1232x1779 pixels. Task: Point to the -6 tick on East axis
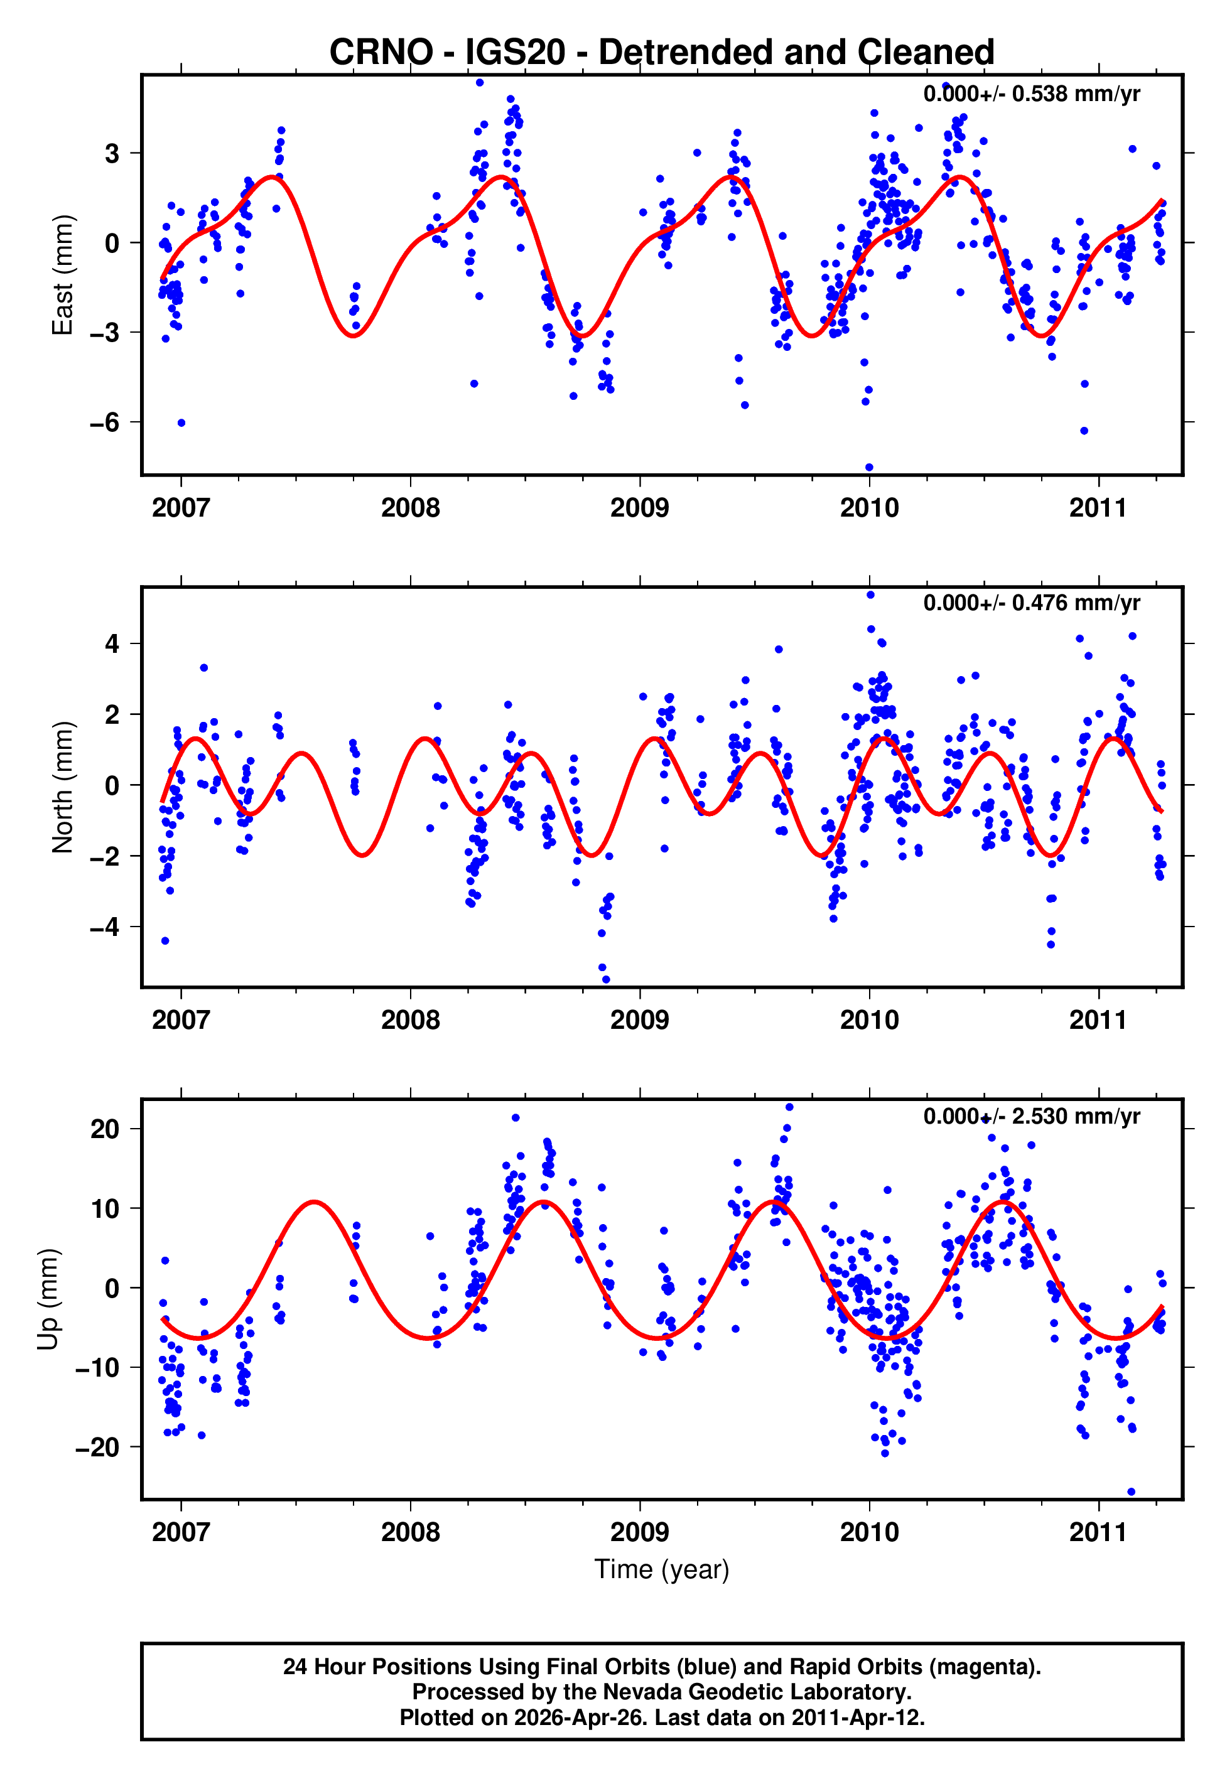click(x=104, y=422)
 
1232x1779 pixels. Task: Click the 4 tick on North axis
click(x=112, y=643)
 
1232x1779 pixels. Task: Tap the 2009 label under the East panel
click(x=639, y=508)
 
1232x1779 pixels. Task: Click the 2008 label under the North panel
click(x=410, y=1021)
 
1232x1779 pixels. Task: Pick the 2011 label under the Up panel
click(x=1098, y=1532)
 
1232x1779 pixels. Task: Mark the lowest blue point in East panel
click(x=869, y=468)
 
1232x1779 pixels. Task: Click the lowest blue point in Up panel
click(x=1132, y=1492)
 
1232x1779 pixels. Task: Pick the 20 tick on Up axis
click(x=105, y=1129)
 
